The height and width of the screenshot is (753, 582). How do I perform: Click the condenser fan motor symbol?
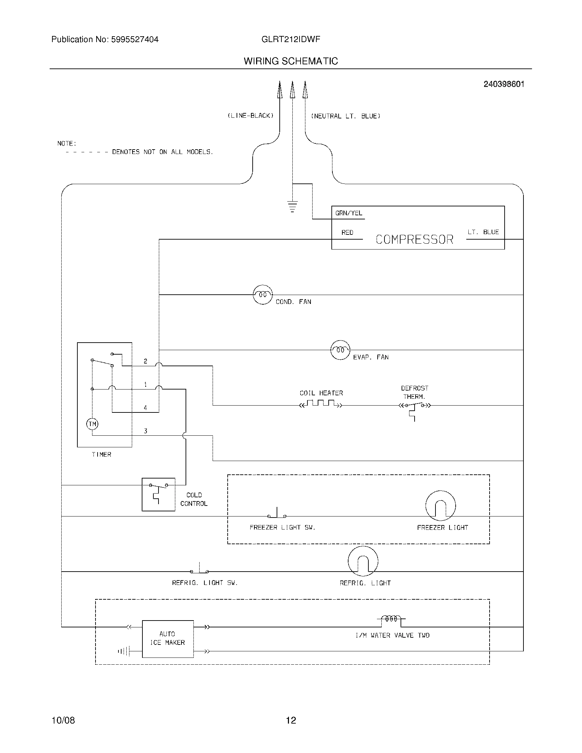pyautogui.click(x=263, y=294)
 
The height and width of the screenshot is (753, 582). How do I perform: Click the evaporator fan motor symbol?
pyautogui.click(x=340, y=350)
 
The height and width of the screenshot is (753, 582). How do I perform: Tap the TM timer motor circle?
pyautogui.click(x=92, y=424)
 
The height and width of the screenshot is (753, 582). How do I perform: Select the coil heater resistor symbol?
pyautogui.click(x=321, y=404)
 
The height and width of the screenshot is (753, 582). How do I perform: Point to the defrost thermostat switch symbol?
pyautogui.click(x=415, y=407)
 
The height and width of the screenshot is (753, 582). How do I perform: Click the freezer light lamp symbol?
pyautogui.click(x=440, y=506)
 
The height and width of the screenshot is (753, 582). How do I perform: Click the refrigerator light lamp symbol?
pyautogui.click(x=363, y=561)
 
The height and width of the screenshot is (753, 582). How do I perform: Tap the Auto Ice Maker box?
pyautogui.click(x=167, y=639)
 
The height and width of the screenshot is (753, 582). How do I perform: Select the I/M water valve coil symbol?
pyautogui.click(x=391, y=619)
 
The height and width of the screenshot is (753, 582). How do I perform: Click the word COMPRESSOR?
pyautogui.click(x=414, y=239)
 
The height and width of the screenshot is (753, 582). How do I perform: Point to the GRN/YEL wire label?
pyautogui.click(x=349, y=213)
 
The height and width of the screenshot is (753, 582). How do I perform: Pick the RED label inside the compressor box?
pyautogui.click(x=347, y=232)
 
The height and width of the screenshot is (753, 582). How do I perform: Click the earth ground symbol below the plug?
pyautogui.click(x=292, y=206)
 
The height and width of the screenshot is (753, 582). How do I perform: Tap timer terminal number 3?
pyautogui.click(x=145, y=431)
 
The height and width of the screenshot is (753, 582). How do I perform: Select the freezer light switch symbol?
pyautogui.click(x=277, y=515)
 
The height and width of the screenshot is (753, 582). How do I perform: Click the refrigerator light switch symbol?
pyautogui.click(x=199, y=570)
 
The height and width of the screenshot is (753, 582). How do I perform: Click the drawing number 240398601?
pyautogui.click(x=504, y=84)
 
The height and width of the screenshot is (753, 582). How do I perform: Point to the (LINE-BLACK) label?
pyautogui.click(x=250, y=116)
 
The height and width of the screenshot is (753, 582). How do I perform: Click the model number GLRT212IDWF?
pyautogui.click(x=291, y=39)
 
